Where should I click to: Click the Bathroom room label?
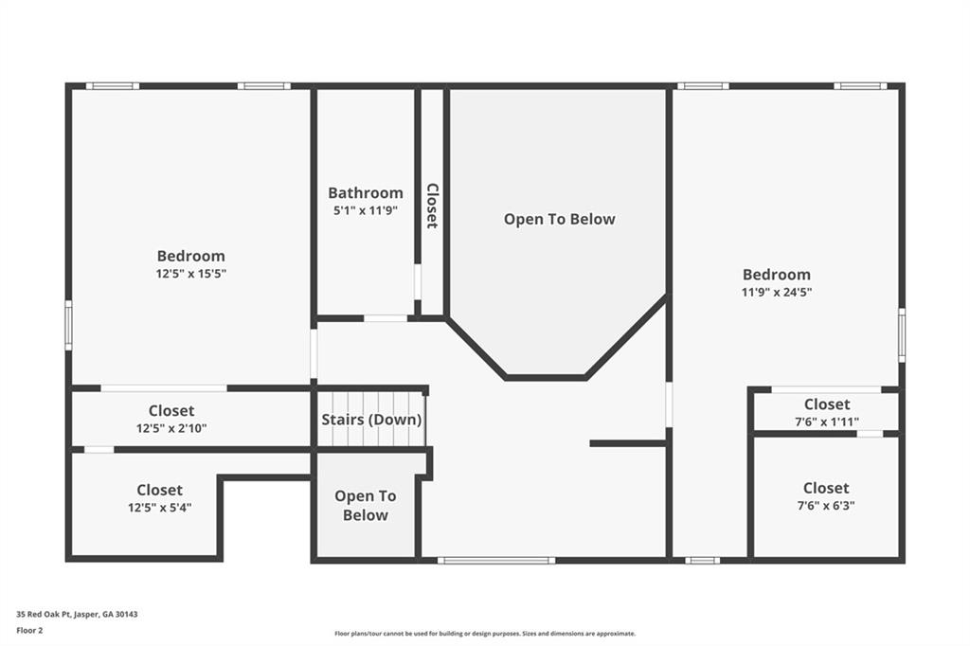366,192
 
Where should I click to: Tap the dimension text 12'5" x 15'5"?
191,274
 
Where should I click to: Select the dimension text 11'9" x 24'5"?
777,292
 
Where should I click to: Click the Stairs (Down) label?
371,420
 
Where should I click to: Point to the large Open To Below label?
559,219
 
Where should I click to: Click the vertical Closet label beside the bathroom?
432,206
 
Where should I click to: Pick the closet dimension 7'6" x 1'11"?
826,422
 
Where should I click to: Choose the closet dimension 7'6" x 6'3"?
826,505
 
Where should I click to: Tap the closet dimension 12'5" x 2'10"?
171,428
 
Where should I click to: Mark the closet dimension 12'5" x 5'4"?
159,508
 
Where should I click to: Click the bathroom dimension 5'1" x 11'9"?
366,210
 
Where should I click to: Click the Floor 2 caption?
30,629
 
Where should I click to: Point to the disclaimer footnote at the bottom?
484,634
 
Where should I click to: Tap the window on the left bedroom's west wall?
68,325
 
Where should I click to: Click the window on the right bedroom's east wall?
901,334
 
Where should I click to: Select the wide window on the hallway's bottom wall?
495,560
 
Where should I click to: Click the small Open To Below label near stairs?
365,506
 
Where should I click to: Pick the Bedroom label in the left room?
191,256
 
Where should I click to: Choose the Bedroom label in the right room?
777,274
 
